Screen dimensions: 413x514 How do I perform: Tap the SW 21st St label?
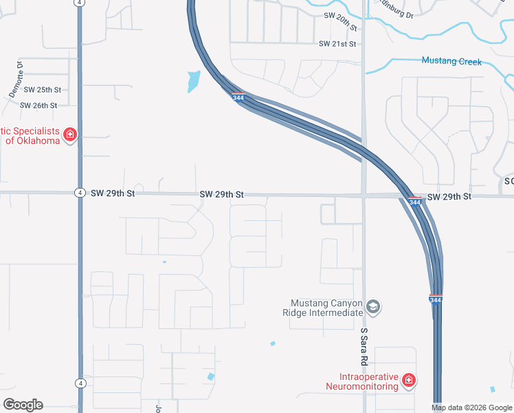click(337, 44)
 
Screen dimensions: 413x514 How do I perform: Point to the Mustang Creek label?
click(451, 61)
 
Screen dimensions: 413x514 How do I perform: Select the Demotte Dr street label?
click(16, 80)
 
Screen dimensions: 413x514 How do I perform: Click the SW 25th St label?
click(43, 89)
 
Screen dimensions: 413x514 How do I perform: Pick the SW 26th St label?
click(38, 105)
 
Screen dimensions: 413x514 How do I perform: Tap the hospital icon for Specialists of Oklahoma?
click(69, 134)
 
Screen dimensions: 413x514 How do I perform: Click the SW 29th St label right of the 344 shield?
click(449, 197)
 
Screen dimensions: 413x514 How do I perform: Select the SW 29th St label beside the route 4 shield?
click(113, 194)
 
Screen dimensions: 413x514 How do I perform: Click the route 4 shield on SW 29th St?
click(80, 194)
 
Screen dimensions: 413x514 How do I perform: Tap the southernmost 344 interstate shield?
click(436, 299)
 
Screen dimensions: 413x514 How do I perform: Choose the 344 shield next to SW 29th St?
click(414, 202)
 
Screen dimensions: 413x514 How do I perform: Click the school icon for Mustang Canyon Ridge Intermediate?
click(373, 307)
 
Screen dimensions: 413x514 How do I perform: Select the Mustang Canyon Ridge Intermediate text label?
click(326, 308)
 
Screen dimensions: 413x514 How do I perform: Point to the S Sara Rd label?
click(364, 346)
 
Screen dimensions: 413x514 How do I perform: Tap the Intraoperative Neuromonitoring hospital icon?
click(408, 380)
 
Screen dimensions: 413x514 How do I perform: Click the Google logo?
click(23, 405)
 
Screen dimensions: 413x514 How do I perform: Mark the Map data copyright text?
click(471, 408)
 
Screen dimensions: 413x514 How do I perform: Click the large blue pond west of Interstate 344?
click(194, 81)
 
